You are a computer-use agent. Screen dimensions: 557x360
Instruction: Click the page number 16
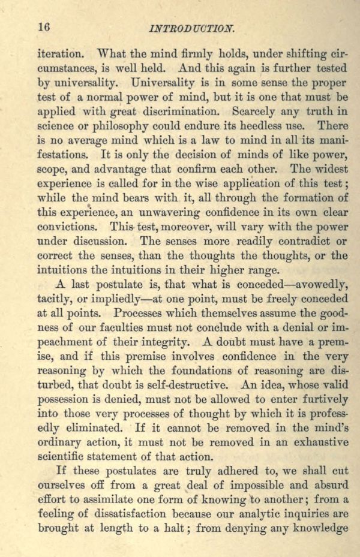pyautogui.click(x=43, y=26)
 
